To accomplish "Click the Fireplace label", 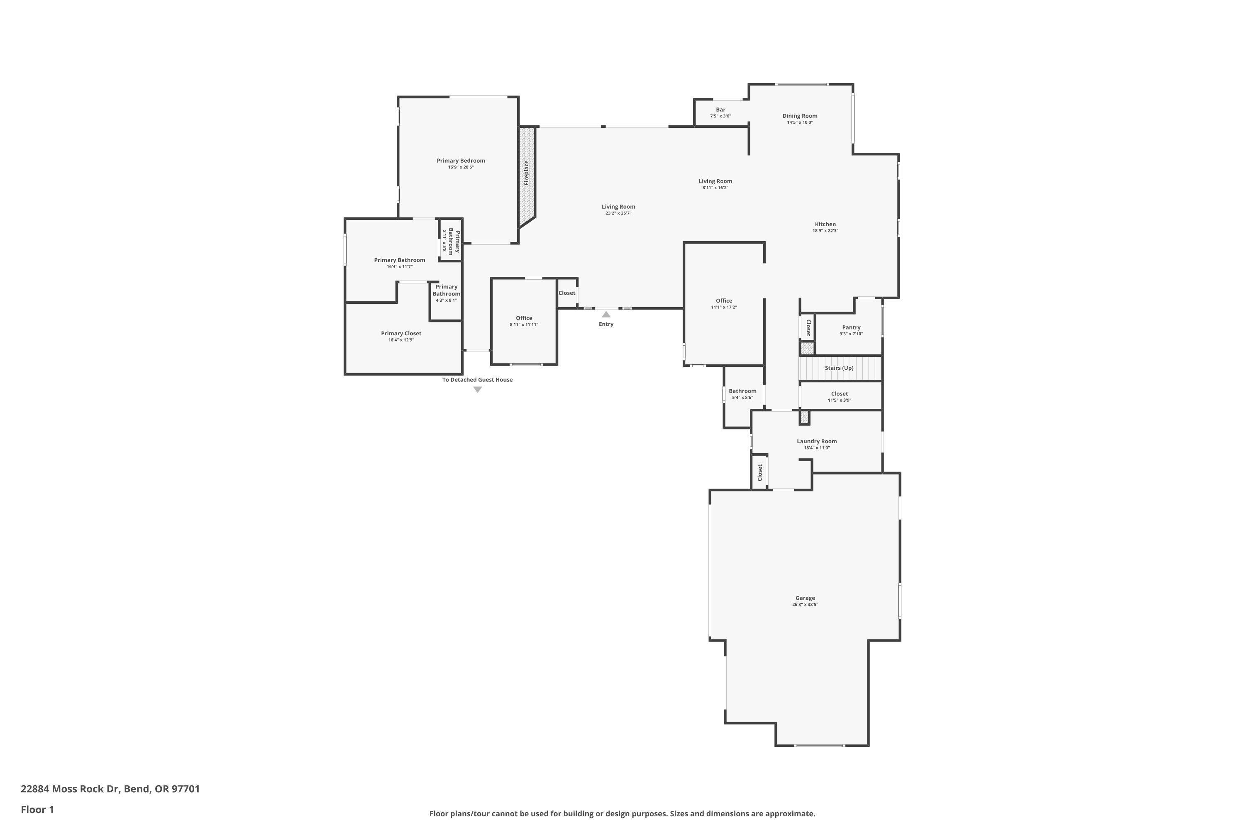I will tap(527, 173).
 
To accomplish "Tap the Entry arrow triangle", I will tap(606, 315).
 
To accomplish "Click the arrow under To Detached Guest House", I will tap(478, 390).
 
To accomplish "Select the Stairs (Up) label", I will tap(839, 368).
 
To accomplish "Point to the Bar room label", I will tap(720, 110).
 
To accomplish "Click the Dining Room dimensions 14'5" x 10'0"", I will tap(799, 122).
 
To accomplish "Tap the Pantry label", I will tap(851, 328).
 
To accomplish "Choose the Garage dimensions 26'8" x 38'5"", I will tap(805, 605).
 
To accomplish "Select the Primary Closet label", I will tap(401, 334).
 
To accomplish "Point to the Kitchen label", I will tap(825, 225).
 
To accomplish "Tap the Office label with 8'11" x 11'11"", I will tap(524, 318).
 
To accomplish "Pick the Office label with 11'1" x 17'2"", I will tap(724, 300).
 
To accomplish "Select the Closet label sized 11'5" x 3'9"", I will tap(839, 394).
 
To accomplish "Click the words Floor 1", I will tap(37, 809).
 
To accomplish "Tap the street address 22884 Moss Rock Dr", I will tap(71, 789).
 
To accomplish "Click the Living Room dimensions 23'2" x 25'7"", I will tap(618, 213).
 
